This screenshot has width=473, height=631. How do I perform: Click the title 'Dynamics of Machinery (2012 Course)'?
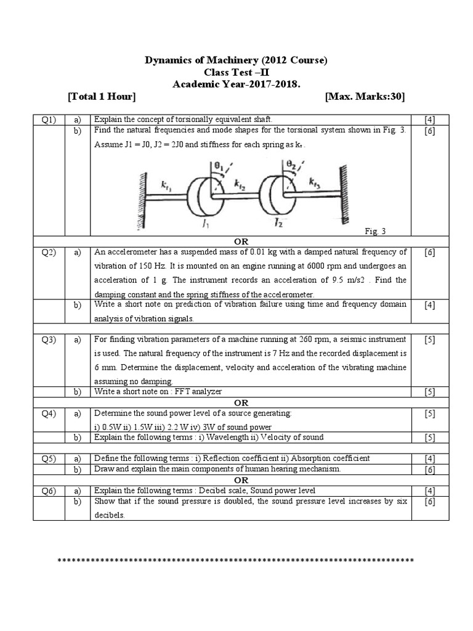pyautogui.click(x=236, y=60)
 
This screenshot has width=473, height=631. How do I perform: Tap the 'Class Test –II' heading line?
pyautogui.click(x=236, y=72)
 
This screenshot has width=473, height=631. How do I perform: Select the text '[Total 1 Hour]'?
pyautogui.click(x=102, y=97)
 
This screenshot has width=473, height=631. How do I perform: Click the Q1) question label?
pyautogui.click(x=49, y=119)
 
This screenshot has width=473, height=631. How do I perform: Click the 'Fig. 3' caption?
pyautogui.click(x=375, y=232)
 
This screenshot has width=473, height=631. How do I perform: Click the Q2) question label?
pyautogui.click(x=49, y=252)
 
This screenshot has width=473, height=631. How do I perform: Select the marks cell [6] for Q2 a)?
pyautogui.click(x=429, y=252)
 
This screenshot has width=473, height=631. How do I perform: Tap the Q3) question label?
pyautogui.click(x=49, y=340)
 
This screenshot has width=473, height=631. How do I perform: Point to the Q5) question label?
pyautogui.click(x=49, y=458)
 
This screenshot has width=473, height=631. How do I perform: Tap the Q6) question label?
pyautogui.click(x=49, y=491)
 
